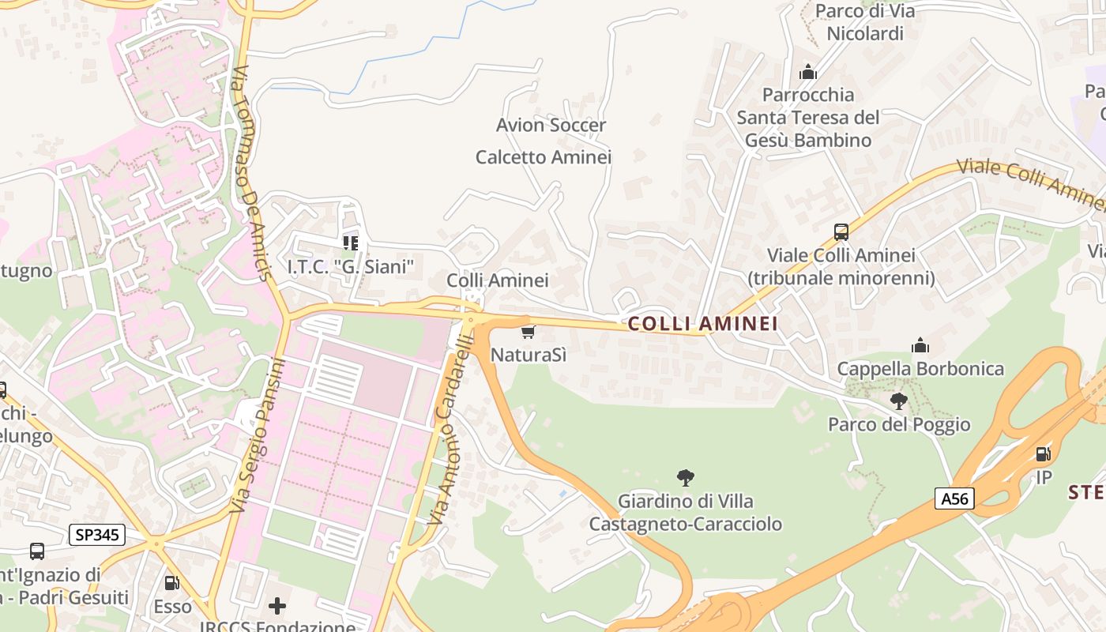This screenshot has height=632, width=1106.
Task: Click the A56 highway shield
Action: click(954, 498)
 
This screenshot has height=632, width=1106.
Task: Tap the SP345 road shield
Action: click(98, 535)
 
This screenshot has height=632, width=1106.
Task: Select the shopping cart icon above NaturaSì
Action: click(529, 332)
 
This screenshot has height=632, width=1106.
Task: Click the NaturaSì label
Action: click(529, 354)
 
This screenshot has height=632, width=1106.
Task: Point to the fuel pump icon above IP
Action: click(1043, 454)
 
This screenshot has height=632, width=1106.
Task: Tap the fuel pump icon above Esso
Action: click(171, 584)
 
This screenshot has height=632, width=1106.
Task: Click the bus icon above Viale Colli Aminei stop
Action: click(841, 232)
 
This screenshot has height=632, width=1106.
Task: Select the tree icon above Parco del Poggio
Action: click(898, 401)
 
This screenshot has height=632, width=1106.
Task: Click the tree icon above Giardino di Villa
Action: click(685, 477)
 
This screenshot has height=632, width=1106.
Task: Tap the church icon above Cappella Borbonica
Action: click(920, 345)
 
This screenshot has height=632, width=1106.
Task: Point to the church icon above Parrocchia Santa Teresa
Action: click(807, 72)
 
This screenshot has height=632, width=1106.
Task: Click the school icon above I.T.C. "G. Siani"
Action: click(350, 243)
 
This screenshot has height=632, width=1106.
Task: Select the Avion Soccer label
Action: click(551, 125)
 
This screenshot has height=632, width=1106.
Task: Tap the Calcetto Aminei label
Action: click(544, 157)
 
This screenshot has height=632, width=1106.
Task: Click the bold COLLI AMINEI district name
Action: click(702, 323)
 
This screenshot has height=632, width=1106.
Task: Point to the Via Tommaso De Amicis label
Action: click(252, 174)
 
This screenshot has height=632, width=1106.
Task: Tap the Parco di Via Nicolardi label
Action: click(864, 22)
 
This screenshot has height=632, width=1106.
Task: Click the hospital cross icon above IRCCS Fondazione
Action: click(277, 606)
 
